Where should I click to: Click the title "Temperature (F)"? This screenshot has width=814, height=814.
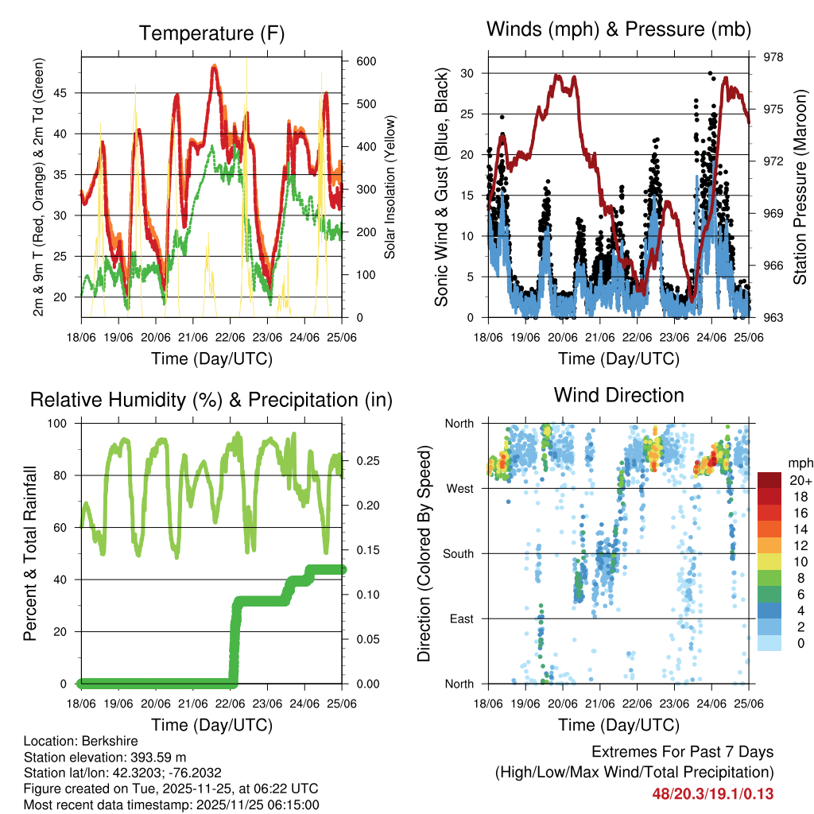[211, 33]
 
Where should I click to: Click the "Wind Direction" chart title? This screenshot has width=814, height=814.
[618, 395]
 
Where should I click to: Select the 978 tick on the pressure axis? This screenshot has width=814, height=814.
[774, 57]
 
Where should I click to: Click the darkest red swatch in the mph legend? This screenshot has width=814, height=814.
[769, 480]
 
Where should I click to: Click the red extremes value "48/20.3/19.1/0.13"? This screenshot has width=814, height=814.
[713, 794]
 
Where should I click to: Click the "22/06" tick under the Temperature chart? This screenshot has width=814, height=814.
[231, 336]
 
